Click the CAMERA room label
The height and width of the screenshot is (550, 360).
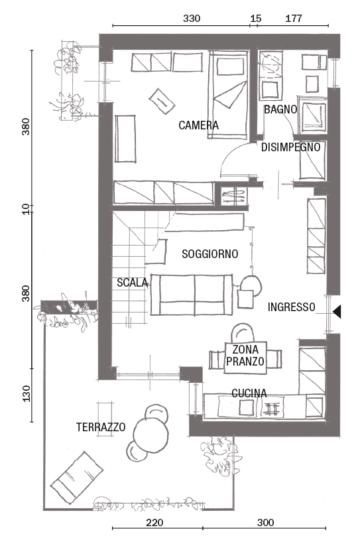[199, 125]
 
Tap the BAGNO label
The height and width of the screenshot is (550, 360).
[280, 109]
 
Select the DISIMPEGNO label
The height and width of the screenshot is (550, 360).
[291, 147]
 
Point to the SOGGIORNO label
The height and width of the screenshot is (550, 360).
[210, 254]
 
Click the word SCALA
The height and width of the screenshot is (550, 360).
[132, 282]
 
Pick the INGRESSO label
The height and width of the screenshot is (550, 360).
[291, 307]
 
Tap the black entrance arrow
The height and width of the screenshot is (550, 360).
[337, 311]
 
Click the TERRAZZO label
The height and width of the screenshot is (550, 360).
[101, 427]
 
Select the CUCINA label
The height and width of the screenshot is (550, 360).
[249, 393]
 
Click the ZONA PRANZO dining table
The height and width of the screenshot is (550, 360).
[245, 357]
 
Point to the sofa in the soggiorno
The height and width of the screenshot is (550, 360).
[192, 295]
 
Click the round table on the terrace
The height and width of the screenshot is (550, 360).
[151, 435]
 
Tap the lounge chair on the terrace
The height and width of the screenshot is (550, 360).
[77, 477]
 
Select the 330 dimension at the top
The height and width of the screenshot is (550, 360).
[192, 18]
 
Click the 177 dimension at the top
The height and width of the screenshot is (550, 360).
[293, 18]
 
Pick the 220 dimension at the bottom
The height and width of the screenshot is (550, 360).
[154, 523]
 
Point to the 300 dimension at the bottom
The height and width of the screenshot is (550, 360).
[265, 523]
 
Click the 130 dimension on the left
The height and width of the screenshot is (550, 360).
[26, 393]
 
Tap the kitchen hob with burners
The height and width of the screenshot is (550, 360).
[272, 409]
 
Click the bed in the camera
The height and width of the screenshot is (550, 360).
[229, 95]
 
